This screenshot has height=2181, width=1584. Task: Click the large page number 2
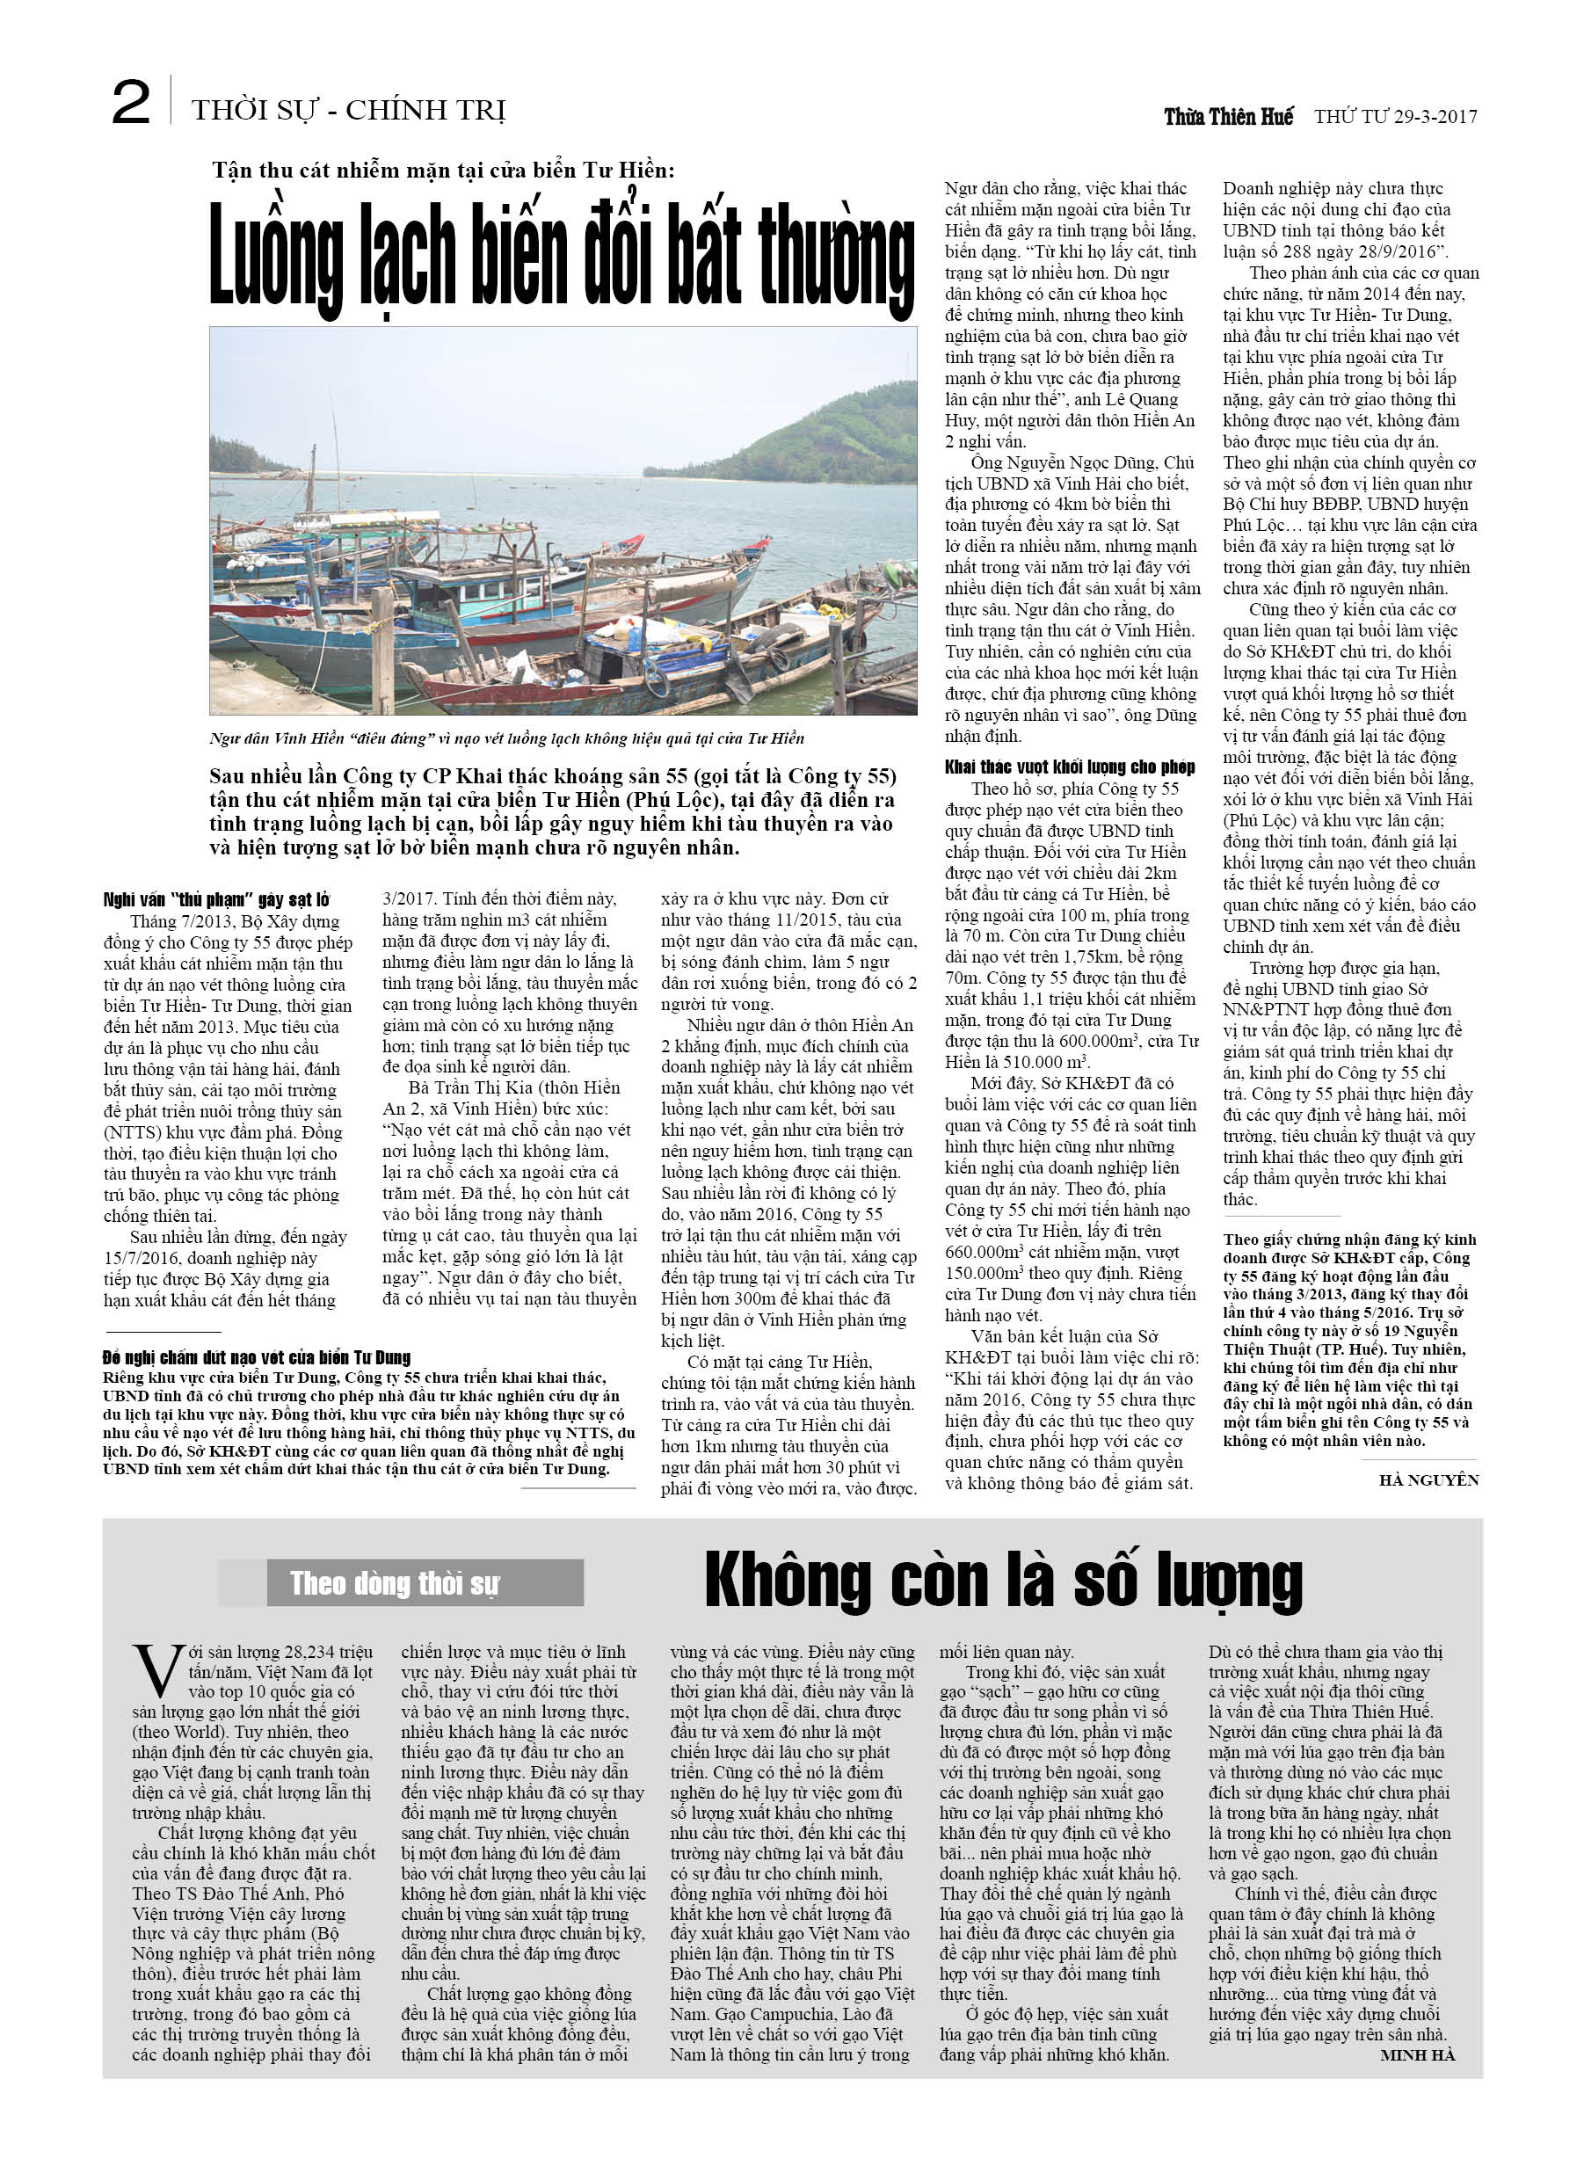tap(131, 103)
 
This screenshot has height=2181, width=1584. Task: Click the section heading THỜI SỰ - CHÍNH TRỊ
tap(348, 111)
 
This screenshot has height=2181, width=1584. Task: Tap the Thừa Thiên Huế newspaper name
tap(1228, 117)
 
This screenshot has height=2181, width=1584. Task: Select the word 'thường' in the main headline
tap(836, 255)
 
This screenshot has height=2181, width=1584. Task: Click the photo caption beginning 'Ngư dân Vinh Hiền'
tap(506, 738)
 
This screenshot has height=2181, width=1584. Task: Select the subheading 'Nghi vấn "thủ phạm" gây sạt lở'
tap(216, 899)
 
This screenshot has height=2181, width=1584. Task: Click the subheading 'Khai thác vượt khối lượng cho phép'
tap(1070, 767)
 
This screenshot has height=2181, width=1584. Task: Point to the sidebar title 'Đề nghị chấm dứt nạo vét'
tap(257, 1358)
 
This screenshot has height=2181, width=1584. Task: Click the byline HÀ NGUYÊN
tap(1428, 1480)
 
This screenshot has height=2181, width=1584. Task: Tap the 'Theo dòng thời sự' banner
tap(396, 1583)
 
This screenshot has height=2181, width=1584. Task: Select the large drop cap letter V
tap(156, 1671)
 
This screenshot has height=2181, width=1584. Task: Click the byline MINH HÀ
tap(1417, 2055)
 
